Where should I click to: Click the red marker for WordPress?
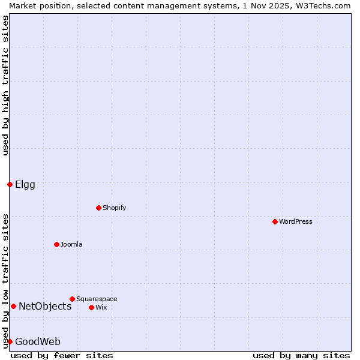pos(275,221)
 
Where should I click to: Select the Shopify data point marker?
pos(98,208)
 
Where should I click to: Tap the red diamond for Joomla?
pos(56,244)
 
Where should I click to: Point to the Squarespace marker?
pos(72,299)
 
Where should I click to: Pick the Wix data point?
pos(91,307)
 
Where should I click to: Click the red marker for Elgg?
pos(10,184)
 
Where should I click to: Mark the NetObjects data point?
pos(13,306)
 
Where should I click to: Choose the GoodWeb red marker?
pos(10,341)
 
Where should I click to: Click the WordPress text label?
pos(296,221)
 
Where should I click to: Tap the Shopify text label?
pos(115,208)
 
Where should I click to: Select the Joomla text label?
pos(71,244)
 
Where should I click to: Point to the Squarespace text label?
pos(97,299)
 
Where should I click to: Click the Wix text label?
pos(101,307)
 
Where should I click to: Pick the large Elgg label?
pos(25,184)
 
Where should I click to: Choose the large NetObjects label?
pos(45,306)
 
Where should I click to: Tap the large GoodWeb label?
pos(38,341)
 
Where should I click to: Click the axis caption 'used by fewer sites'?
pos(62,355)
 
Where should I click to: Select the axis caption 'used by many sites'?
pos(301,355)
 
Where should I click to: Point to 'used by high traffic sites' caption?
pos(5,85)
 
